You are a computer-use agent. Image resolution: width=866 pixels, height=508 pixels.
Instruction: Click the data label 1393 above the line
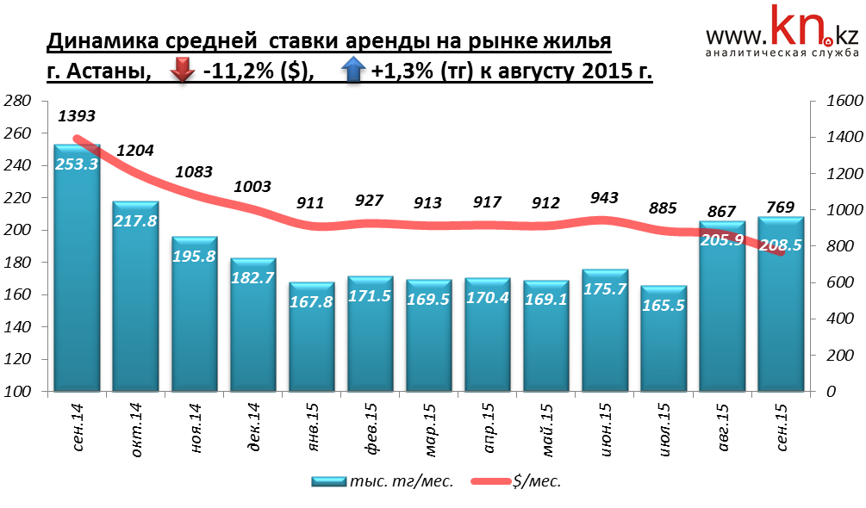point(77,115)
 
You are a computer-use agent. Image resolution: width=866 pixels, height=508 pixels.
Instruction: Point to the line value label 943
point(605,198)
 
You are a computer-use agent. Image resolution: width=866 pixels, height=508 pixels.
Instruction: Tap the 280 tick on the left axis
point(18,102)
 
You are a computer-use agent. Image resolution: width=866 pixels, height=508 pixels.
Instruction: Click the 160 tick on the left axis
point(18,294)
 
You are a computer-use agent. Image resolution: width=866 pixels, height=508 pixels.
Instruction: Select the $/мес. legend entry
point(518,481)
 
